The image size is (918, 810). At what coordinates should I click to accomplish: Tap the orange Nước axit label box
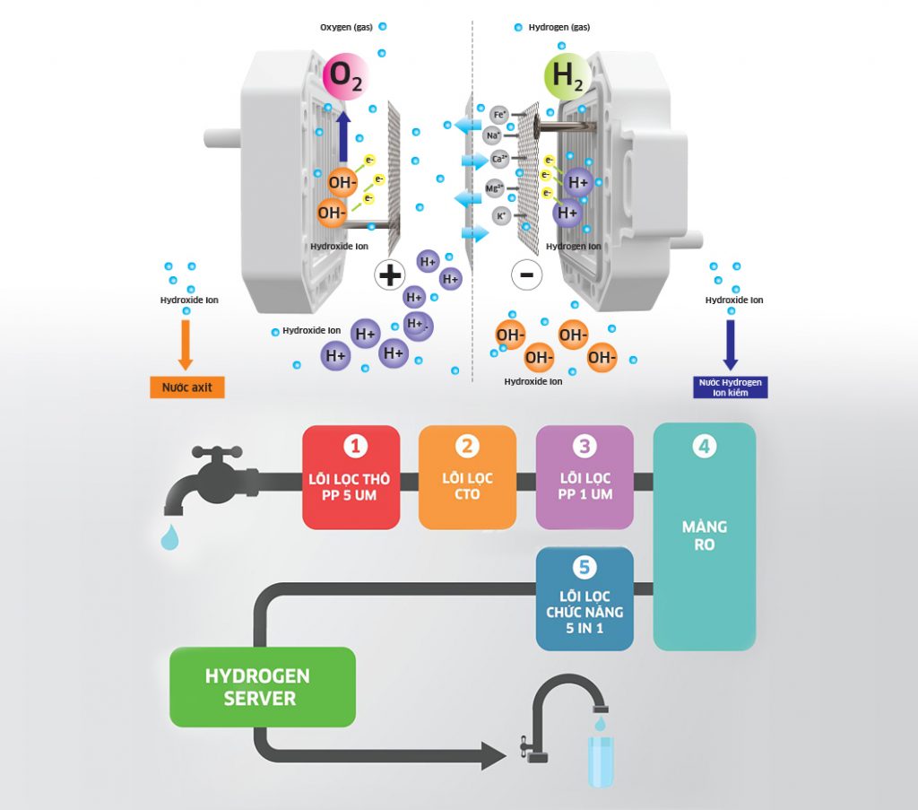coord(186,388)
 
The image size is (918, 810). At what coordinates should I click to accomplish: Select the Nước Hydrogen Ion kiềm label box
coord(731,387)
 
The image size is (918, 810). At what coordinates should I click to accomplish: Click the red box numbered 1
coord(351,476)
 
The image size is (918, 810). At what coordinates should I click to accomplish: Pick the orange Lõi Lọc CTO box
coord(467,476)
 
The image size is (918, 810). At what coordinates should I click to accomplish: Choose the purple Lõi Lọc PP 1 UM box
coord(585,476)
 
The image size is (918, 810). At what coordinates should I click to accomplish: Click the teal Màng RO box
coord(704,536)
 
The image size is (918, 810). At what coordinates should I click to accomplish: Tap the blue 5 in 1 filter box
coord(585,598)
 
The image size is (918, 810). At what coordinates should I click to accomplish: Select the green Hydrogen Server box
coord(262,686)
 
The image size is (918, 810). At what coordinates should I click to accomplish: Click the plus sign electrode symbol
coord(390,274)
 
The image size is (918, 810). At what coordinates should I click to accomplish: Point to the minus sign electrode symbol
coord(526,274)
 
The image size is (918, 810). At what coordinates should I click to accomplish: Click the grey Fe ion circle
coord(499,114)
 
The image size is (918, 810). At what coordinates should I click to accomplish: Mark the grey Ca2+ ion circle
coord(500,160)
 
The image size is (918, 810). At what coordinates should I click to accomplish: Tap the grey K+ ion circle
coord(502,216)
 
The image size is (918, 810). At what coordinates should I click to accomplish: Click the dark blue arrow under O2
coord(343,138)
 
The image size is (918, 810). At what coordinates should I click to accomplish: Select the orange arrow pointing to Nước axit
coord(186,344)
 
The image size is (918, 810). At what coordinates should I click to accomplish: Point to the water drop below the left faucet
coord(169,536)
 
